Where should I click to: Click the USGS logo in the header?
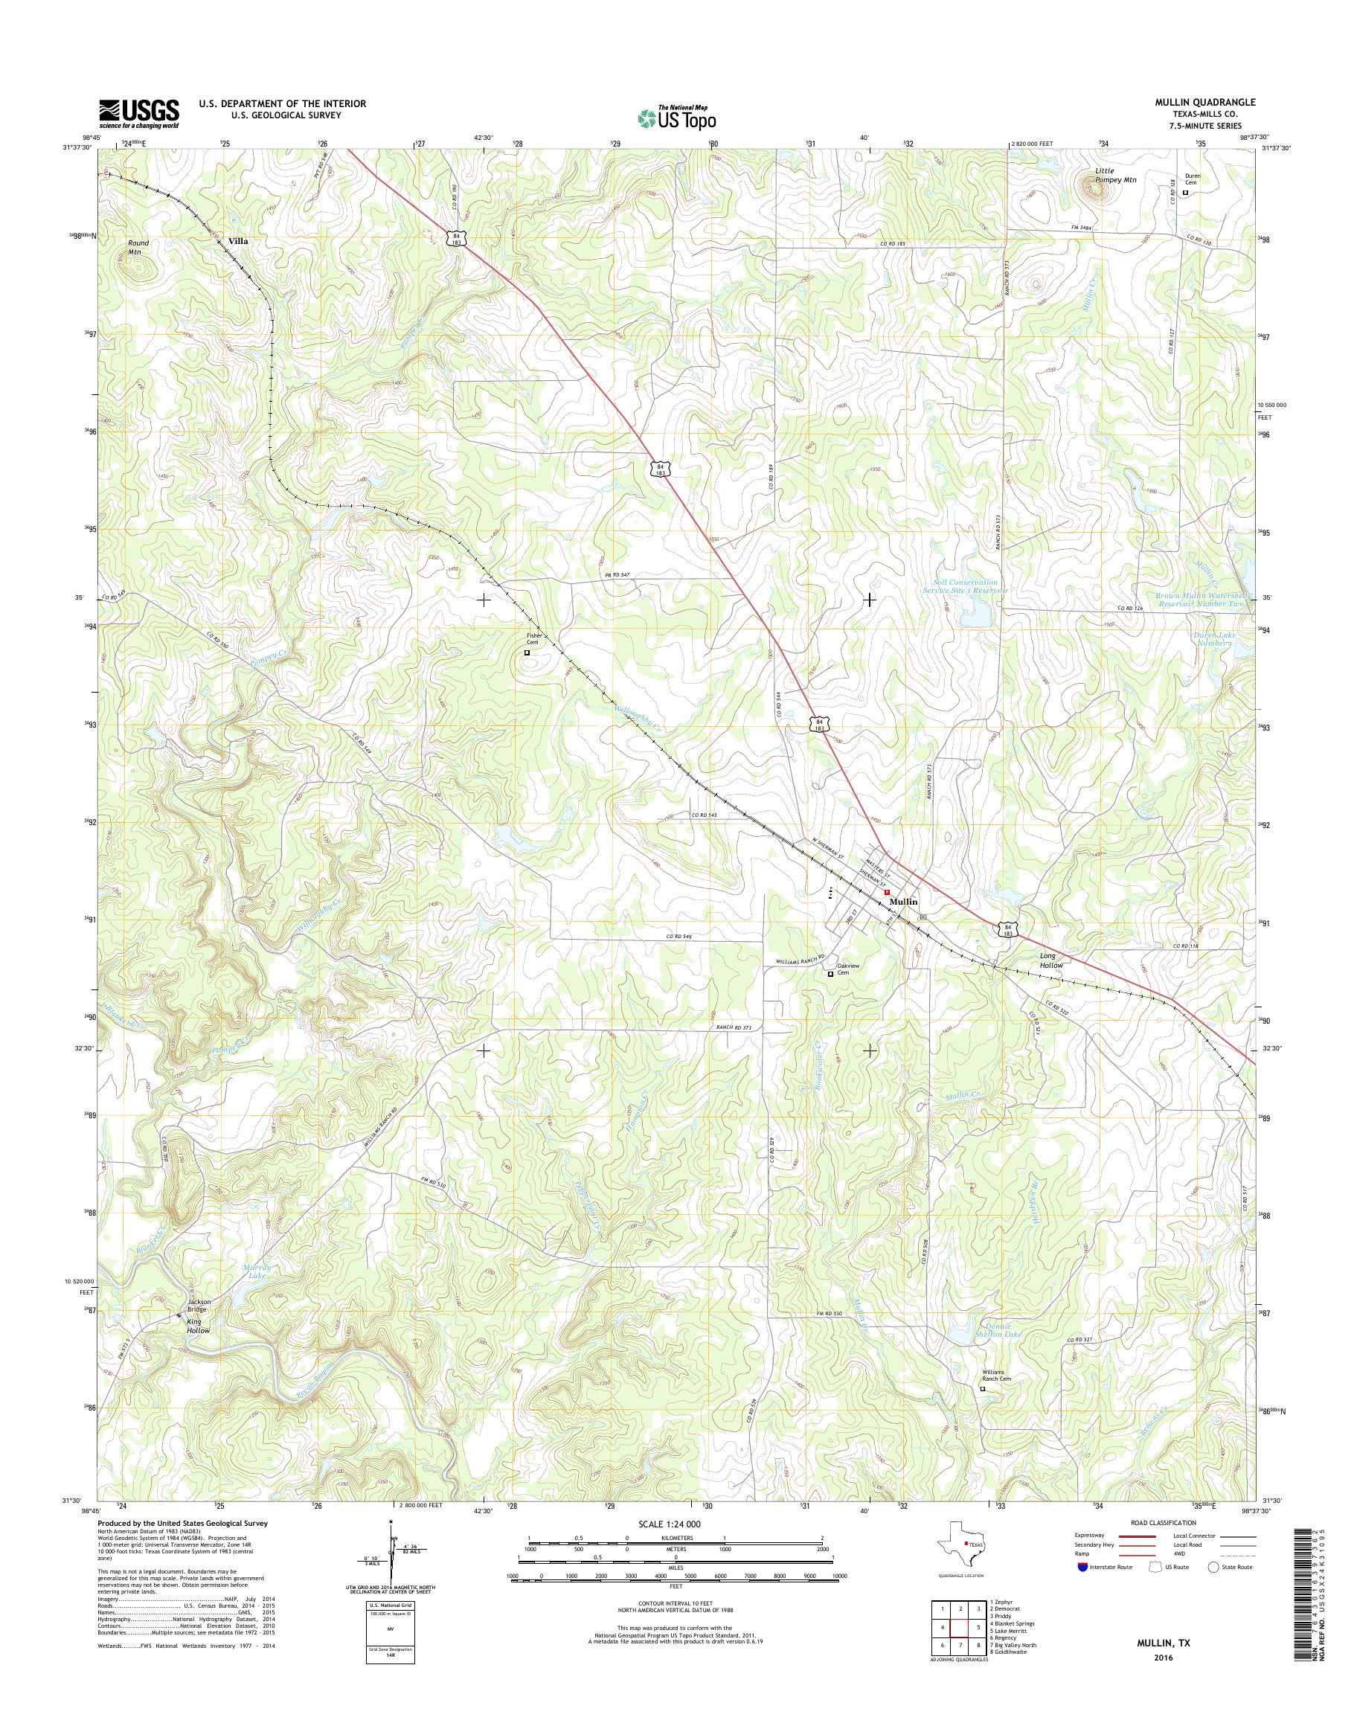[x=138, y=113]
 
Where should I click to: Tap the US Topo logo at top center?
[x=678, y=118]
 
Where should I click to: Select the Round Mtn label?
[x=138, y=246]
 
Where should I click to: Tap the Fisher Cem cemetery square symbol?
[x=527, y=652]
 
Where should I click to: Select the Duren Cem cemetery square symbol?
[x=1186, y=193]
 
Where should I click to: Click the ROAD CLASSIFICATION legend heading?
[x=1162, y=1523]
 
